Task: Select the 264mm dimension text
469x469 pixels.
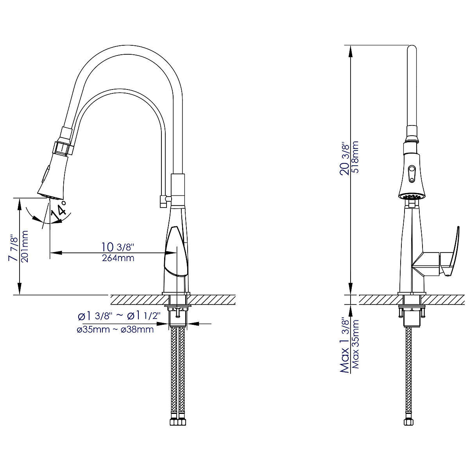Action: (x=118, y=258)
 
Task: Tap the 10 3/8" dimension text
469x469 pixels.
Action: (x=118, y=247)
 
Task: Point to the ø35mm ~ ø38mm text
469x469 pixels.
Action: (x=115, y=330)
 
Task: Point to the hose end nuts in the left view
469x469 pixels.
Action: (x=177, y=422)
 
